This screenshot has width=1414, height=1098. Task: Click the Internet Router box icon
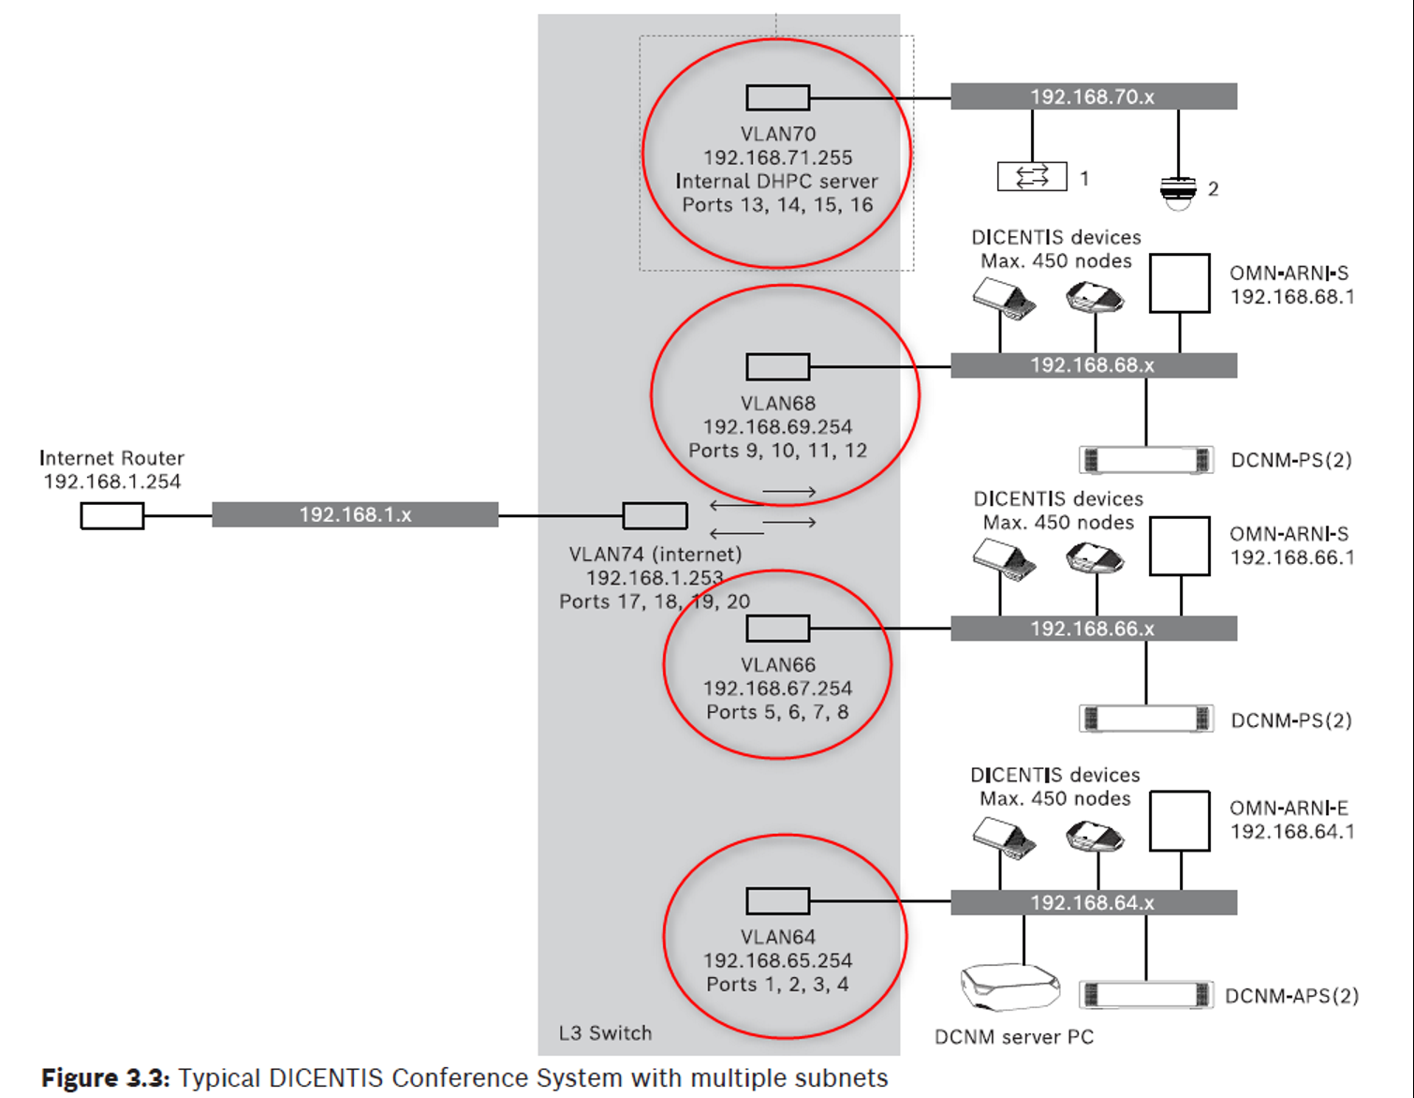pyautogui.click(x=111, y=515)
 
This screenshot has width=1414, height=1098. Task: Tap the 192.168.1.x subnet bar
pyautogui.click(x=355, y=514)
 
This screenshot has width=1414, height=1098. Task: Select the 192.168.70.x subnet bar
pyautogui.click(x=1093, y=96)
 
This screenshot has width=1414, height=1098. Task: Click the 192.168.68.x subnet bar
pyautogui.click(x=1093, y=365)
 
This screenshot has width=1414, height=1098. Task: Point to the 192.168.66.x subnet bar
pyautogui.click(x=1093, y=629)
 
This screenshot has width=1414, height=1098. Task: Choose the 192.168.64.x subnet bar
pyautogui.click(x=1093, y=902)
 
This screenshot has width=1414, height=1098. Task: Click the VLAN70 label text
pyautogui.click(x=778, y=134)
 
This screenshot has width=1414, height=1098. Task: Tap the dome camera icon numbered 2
pyautogui.click(x=1178, y=191)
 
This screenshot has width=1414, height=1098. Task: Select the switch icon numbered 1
pyautogui.click(x=1032, y=176)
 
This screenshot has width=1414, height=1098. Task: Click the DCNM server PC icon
pyautogui.click(x=1009, y=987)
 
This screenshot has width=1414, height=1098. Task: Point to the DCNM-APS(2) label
pyautogui.click(x=1291, y=996)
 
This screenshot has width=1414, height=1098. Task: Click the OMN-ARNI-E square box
pyautogui.click(x=1179, y=822)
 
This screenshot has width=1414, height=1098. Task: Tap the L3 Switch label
pyautogui.click(x=605, y=1032)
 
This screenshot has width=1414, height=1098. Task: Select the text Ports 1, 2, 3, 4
pyautogui.click(x=777, y=984)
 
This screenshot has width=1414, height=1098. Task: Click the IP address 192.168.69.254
pyautogui.click(x=777, y=426)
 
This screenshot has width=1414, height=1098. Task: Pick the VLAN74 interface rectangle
pyautogui.click(x=655, y=515)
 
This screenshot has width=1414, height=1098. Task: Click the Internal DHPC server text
pyautogui.click(x=777, y=181)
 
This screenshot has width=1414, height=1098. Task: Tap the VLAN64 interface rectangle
pyautogui.click(x=777, y=901)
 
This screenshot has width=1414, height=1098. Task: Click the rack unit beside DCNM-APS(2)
pyautogui.click(x=1145, y=995)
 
